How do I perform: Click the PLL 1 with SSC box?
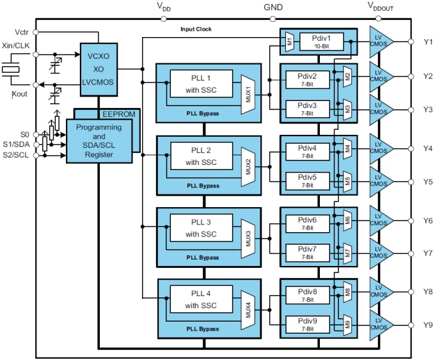pos(202,84)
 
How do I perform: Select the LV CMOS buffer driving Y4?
pos(381,151)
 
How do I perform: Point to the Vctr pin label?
pos(20,31)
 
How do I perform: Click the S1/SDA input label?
pos(16,145)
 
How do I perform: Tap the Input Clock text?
pos(196,29)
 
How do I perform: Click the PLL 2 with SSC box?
pos(202,157)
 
